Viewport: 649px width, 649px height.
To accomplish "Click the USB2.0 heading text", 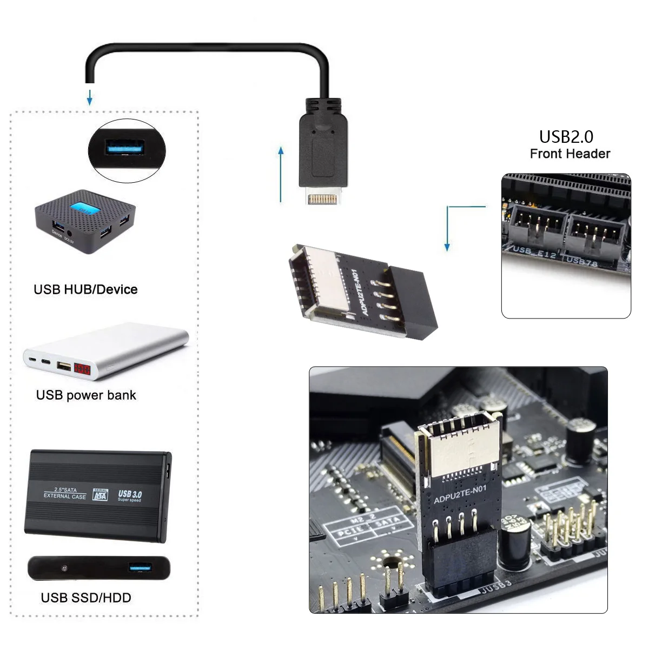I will [x=566, y=137].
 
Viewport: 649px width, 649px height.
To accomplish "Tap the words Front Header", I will [x=569, y=154].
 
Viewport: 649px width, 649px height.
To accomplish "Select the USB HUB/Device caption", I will [x=85, y=289].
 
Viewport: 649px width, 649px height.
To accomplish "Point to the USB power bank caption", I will [x=86, y=395].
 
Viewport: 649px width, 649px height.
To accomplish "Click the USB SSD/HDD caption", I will [x=86, y=598].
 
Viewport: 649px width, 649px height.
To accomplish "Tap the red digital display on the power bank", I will [x=82, y=370].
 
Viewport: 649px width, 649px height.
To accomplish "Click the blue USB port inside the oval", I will [x=125, y=147].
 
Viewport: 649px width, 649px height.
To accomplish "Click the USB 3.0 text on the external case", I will [x=130, y=495].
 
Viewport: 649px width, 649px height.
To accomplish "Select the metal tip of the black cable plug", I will [x=323, y=198].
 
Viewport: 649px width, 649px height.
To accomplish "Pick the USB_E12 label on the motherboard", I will [x=534, y=252].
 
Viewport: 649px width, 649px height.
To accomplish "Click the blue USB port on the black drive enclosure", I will [x=140, y=567].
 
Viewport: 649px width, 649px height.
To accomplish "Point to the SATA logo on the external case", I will [x=100, y=495].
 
